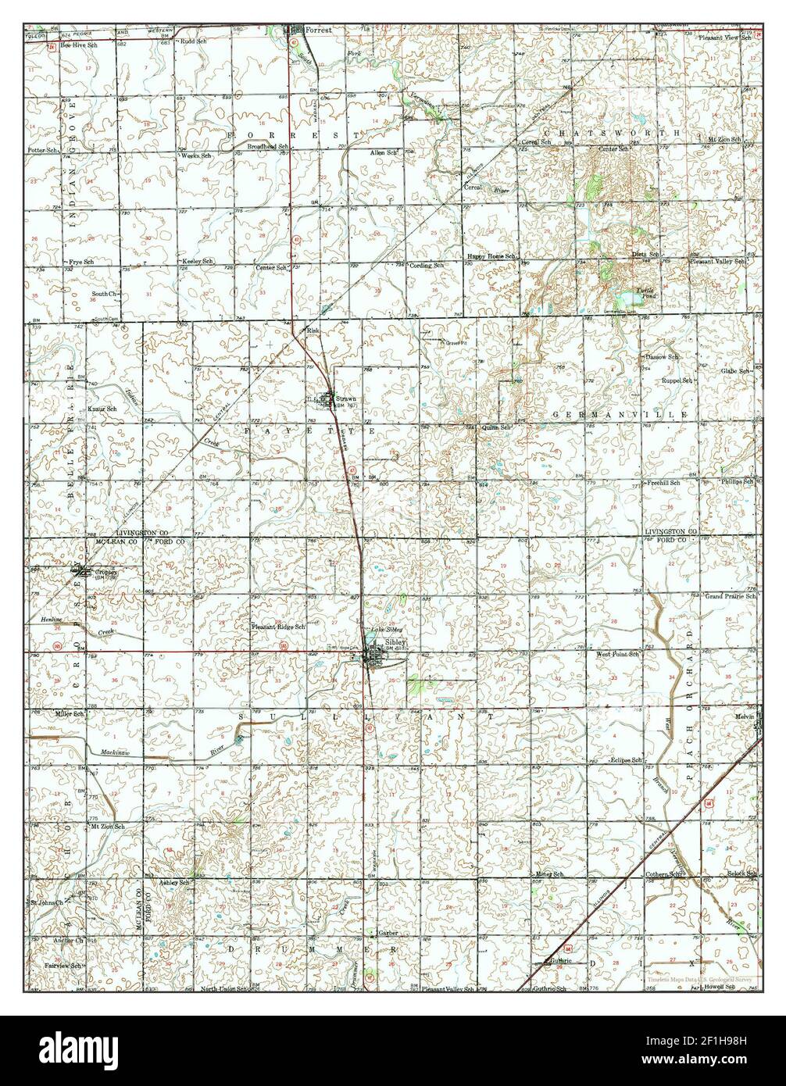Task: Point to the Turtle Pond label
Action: pos(650,291)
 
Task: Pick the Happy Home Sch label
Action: pos(492,255)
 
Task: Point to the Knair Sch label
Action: pos(101,409)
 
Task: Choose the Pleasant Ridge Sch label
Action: pos(278,627)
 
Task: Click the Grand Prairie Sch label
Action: pos(731,596)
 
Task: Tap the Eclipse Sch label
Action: pos(627,760)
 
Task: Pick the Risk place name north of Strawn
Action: pos(314,331)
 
